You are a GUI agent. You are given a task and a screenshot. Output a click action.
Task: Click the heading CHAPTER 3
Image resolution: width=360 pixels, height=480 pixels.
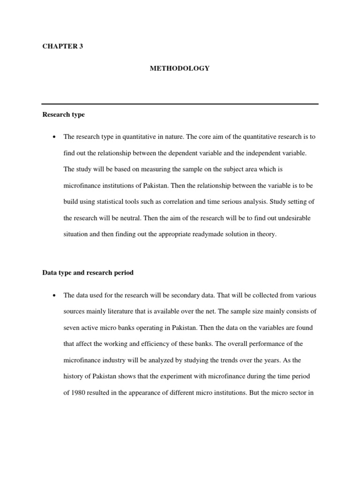tap(62, 46)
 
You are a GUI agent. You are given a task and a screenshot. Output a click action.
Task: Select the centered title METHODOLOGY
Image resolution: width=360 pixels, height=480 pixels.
tap(180, 68)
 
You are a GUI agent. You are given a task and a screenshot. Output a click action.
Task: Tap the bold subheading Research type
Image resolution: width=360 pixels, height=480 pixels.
tap(63, 114)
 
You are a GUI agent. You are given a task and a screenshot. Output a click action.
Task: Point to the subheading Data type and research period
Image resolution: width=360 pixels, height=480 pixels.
tap(88, 272)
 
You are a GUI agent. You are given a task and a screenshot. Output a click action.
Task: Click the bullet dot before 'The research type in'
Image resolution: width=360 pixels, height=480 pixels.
tap(55, 137)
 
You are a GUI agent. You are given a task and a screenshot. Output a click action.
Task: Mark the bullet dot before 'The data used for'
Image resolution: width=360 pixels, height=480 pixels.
tap(55, 295)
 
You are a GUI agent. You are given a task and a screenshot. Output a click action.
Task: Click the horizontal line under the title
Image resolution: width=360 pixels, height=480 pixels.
tap(180, 104)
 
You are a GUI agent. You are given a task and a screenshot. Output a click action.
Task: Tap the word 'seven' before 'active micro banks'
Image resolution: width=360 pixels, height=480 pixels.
tap(71, 328)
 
